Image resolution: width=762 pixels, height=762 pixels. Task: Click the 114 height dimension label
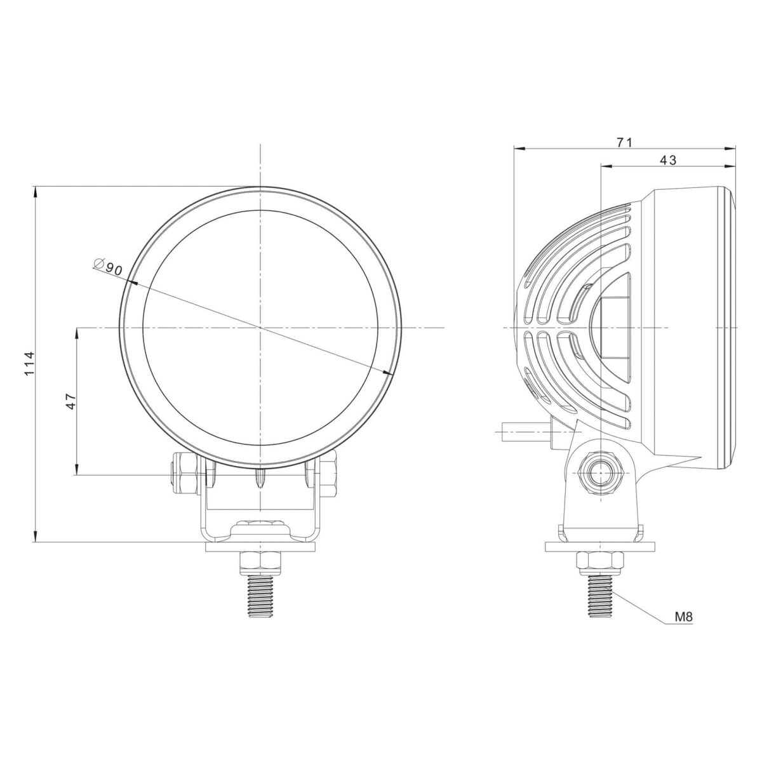click(x=30, y=363)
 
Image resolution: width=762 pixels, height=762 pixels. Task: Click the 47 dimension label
click(x=70, y=401)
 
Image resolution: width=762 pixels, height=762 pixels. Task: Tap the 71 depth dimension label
click(x=625, y=142)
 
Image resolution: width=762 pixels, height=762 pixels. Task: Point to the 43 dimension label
click(x=668, y=160)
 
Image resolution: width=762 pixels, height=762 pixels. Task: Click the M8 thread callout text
click(x=684, y=617)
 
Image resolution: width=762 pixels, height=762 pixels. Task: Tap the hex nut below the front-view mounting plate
click(x=260, y=561)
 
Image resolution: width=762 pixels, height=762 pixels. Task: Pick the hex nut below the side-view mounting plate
click(x=600, y=563)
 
